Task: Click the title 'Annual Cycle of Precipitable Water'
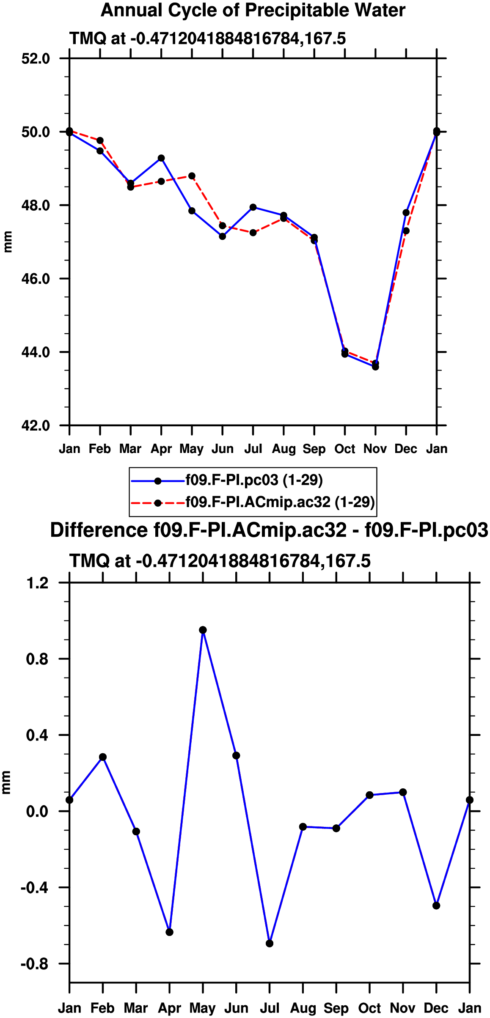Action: [x=253, y=11]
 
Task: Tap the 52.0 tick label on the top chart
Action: [x=36, y=58]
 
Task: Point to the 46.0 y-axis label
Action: [x=36, y=279]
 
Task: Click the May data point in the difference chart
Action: [x=203, y=630]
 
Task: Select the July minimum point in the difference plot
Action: [x=270, y=944]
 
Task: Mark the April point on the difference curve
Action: [x=169, y=932]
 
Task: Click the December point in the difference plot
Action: [x=436, y=905]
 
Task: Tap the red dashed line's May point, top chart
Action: [x=192, y=176]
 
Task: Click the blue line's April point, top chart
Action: [x=161, y=158]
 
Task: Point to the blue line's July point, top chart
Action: [x=253, y=207]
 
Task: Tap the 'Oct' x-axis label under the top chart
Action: [x=345, y=449]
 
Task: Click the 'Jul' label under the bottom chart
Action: [x=270, y=1008]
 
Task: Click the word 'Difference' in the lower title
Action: [x=99, y=530]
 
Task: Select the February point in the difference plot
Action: [x=103, y=757]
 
